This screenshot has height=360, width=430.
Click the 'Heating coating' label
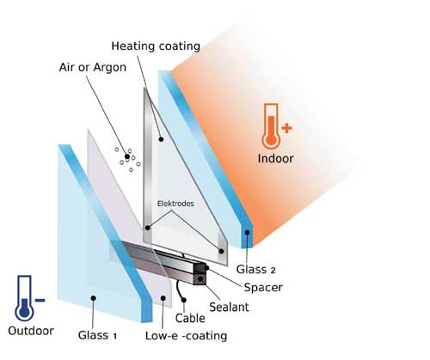156,46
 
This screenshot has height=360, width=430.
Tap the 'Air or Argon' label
93,68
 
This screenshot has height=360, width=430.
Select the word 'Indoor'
275,159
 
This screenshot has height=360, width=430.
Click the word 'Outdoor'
31,331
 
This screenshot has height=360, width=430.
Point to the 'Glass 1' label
97,335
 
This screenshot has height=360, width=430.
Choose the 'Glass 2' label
255,270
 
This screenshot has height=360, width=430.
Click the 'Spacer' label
263,288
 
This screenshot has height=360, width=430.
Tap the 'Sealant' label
229,307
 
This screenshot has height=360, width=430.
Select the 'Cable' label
190,318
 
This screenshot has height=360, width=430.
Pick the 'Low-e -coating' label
186,336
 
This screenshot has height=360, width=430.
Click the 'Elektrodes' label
175,204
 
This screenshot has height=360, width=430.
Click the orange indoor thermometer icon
271,126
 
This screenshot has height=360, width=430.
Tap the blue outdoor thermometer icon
24,298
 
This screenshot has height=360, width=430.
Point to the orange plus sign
286,128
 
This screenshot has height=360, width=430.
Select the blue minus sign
40,300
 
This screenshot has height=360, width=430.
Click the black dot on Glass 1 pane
93,298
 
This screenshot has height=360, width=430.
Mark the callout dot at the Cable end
184,300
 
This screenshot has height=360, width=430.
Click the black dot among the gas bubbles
127,156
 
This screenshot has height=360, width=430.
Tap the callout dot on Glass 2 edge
247,232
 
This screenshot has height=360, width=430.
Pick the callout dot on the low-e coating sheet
163,298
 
